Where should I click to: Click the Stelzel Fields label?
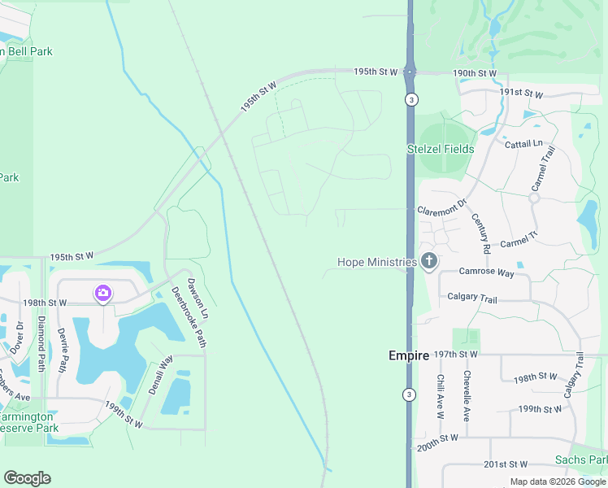click(x=441, y=149)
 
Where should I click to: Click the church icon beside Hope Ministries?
click(x=429, y=262)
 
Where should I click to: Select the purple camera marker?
click(x=102, y=293)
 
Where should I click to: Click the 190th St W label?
click(x=476, y=73)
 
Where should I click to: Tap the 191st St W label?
click(x=521, y=94)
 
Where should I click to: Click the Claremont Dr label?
click(x=442, y=207)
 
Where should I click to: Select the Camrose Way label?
click(x=486, y=273)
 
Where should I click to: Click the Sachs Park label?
click(x=580, y=460)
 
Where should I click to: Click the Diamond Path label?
click(x=41, y=344)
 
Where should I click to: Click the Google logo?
click(x=28, y=478)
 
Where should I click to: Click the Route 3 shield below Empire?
click(x=409, y=394)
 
